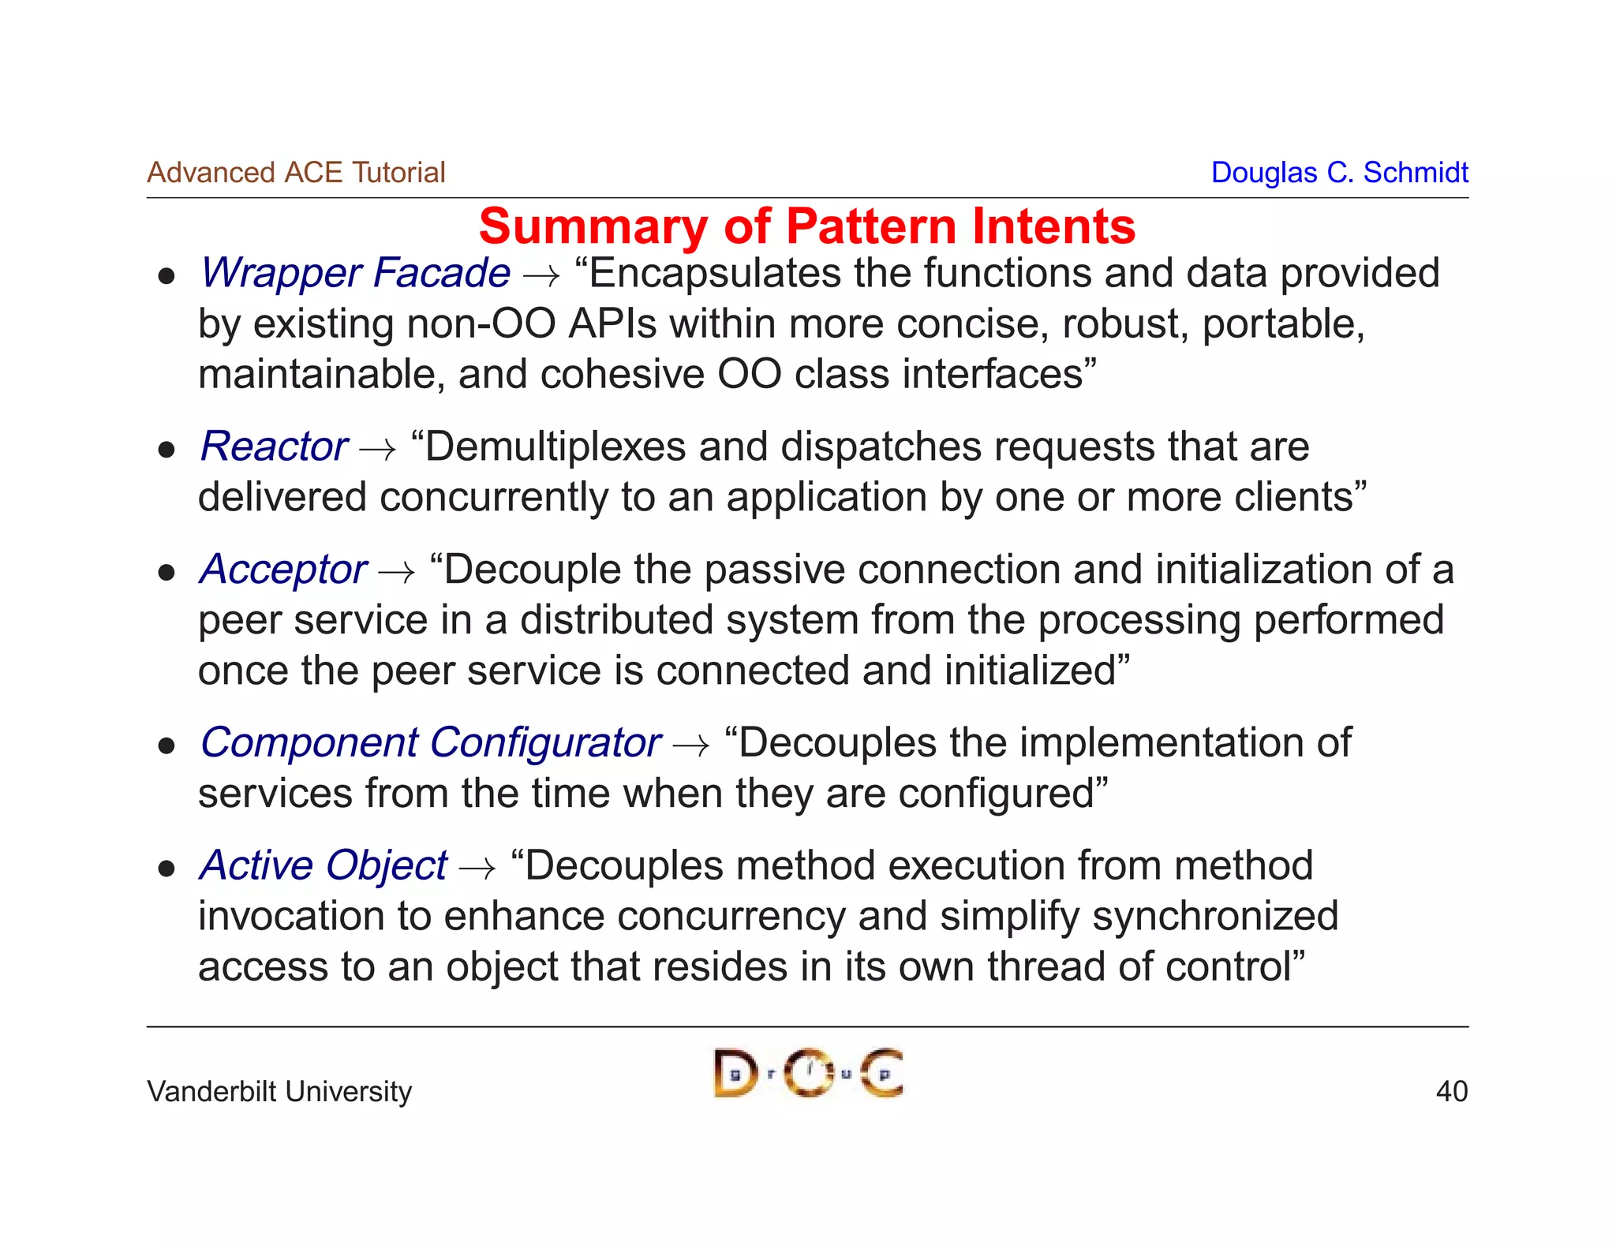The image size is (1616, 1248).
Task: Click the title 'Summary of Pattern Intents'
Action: tap(806, 226)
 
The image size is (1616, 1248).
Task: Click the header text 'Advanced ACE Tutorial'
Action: tap(296, 172)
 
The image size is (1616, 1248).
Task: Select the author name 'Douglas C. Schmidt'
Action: tap(1339, 172)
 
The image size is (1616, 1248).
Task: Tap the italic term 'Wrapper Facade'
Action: tap(355, 273)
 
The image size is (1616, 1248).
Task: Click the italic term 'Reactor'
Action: tap(274, 447)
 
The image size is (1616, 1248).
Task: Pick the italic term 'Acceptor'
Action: tap(283, 570)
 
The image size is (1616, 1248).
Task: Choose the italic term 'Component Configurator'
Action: tap(430, 743)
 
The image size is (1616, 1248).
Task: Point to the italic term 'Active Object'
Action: tap(324, 865)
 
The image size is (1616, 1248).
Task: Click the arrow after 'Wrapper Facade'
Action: tap(541, 276)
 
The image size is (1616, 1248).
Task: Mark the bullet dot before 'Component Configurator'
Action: tap(166, 746)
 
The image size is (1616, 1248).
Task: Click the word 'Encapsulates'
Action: tap(714, 274)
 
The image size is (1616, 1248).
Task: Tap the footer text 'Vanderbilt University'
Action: tap(279, 1091)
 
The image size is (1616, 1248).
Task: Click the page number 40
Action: tap(1451, 1091)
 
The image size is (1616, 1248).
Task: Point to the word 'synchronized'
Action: tap(1216, 917)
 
